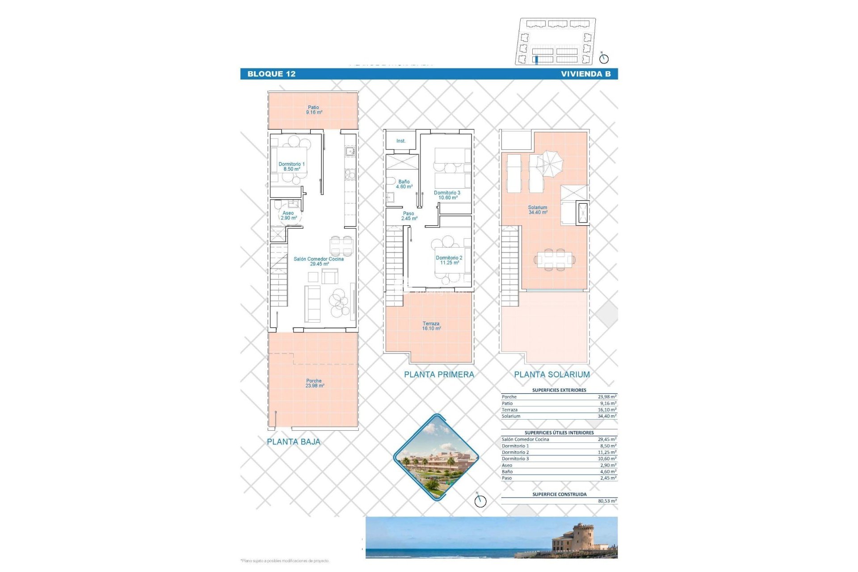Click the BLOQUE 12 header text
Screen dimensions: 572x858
[x=271, y=74]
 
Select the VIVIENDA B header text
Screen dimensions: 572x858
[x=585, y=74]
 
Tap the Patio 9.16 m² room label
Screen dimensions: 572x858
[x=314, y=110]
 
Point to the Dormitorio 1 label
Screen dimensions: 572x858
[x=291, y=167]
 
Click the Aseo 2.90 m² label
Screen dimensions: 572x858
[x=289, y=215]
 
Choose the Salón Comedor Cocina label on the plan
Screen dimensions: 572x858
[x=319, y=261]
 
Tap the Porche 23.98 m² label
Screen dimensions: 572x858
[x=315, y=383]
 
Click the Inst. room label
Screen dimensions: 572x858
[x=401, y=141]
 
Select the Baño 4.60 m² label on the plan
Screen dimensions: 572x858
[x=404, y=184]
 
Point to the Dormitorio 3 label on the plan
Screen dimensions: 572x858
[x=447, y=195]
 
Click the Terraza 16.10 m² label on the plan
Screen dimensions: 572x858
[x=431, y=326]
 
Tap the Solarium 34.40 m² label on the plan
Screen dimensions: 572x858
[x=538, y=210]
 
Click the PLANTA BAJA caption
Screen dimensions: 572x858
[x=294, y=442]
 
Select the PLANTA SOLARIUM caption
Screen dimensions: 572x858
[x=552, y=374]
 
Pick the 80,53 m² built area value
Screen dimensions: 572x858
[x=607, y=501]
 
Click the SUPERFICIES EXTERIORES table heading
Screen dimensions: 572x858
[x=559, y=390]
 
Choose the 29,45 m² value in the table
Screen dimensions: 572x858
[x=607, y=439]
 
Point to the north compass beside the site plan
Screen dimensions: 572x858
[x=604, y=58]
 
